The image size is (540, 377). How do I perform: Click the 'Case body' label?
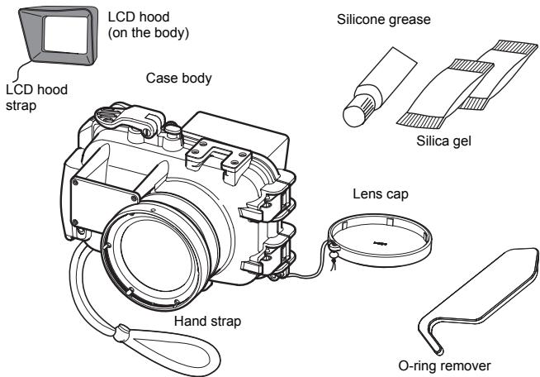(176, 80)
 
